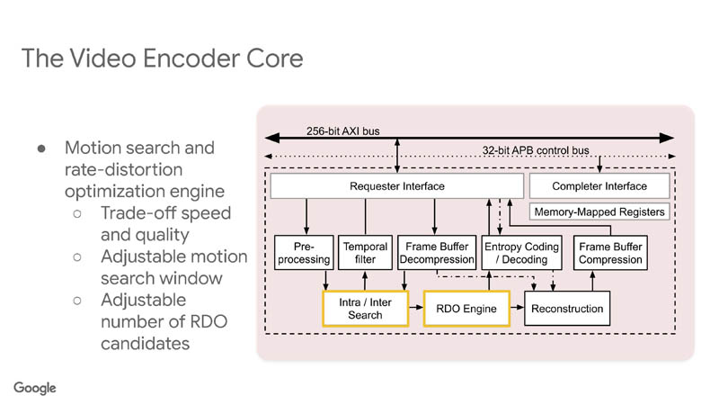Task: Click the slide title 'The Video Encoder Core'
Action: point(162,58)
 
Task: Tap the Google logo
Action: point(35,388)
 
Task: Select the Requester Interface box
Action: point(396,187)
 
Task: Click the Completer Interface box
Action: point(599,187)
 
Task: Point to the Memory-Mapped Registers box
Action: point(599,212)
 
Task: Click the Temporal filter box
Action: point(365,253)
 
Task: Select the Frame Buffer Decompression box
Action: point(436,253)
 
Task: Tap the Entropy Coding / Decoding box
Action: point(521,253)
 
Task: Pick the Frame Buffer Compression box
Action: point(610,253)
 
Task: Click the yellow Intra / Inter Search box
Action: point(366,309)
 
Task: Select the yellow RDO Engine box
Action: point(466,309)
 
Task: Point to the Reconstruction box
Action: point(567,309)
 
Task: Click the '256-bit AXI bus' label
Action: point(342,131)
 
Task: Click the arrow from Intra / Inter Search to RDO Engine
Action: point(417,309)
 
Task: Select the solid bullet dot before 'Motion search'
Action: point(41,148)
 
